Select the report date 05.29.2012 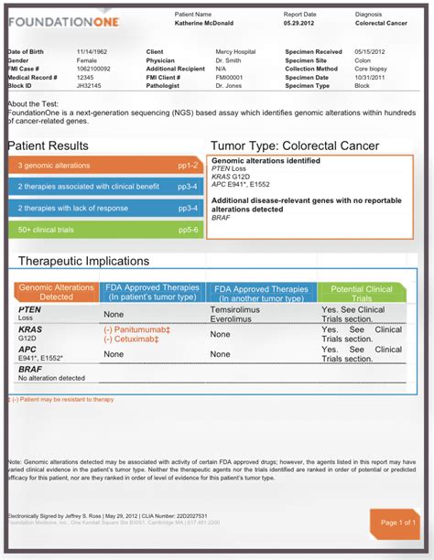(300, 26)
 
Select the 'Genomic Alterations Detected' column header (57, 292)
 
